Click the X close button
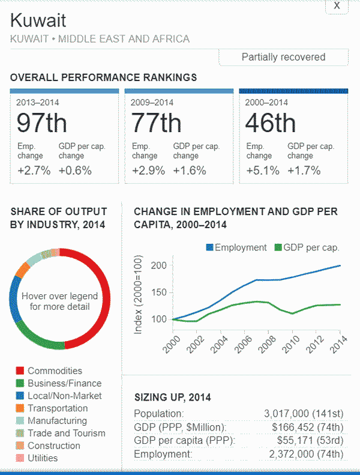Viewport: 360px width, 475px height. pos(337,5)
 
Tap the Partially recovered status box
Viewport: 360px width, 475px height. pos(283,58)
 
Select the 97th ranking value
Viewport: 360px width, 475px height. pos(42,123)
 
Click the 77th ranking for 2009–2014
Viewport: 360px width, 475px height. pos(156,123)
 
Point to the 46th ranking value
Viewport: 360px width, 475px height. pos(271,123)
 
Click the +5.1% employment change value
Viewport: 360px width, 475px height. pos(263,171)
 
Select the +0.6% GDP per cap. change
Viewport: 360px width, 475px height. pos(75,171)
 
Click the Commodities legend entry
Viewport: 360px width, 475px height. pos(55,371)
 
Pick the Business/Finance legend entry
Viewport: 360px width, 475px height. pos(64,384)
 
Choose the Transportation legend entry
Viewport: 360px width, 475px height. pos(58,408)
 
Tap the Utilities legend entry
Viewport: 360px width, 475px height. pos(43,458)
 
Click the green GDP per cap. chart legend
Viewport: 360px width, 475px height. pos(307,247)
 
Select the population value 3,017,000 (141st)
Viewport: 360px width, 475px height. pos(304,414)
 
